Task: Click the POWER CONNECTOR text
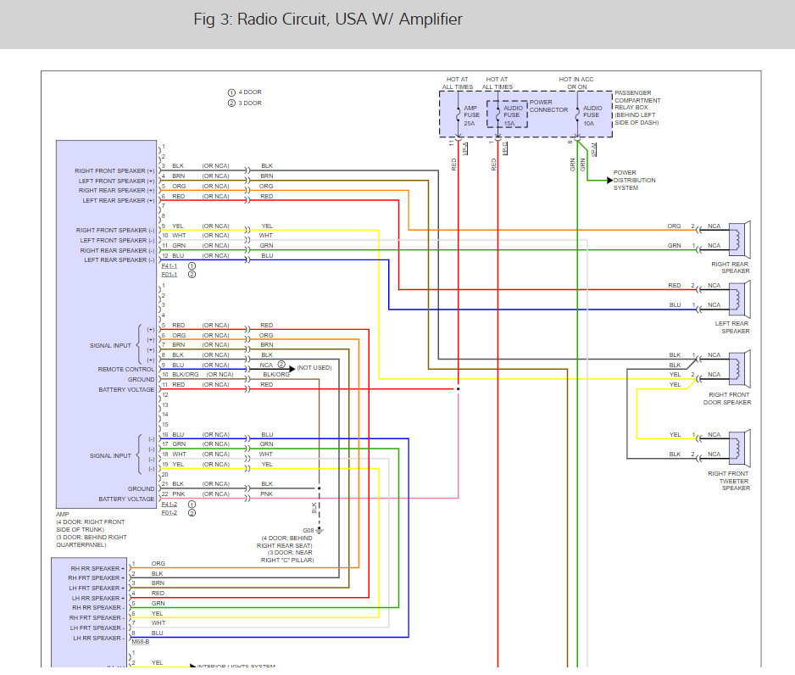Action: [548, 106]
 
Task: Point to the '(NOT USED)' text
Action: [314, 367]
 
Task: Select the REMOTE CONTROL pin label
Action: [127, 370]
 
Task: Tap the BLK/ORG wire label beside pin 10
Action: [185, 374]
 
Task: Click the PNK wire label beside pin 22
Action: [178, 494]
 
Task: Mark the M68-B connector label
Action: [142, 641]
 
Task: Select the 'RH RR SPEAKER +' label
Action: [97, 568]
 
